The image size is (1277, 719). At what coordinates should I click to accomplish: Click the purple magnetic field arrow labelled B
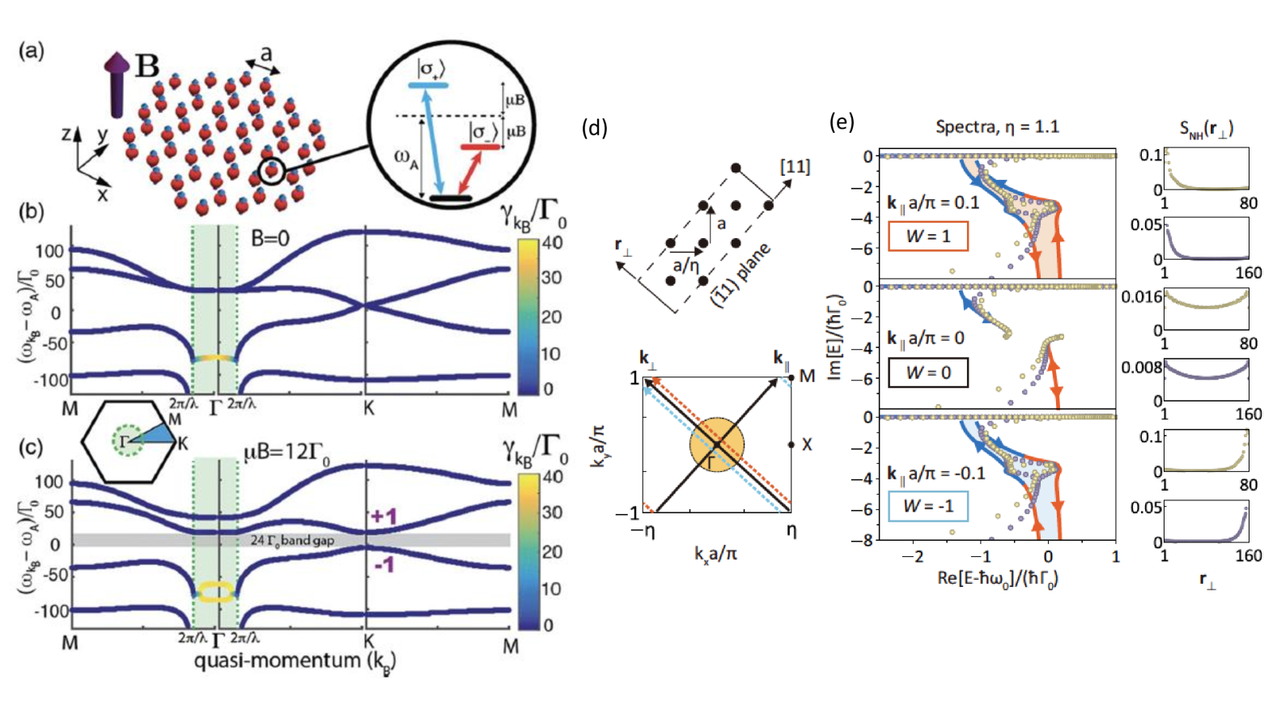117,84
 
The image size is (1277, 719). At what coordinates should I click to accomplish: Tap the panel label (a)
31,51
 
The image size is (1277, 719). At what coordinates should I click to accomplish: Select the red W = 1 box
927,236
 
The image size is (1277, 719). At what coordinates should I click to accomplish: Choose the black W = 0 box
927,372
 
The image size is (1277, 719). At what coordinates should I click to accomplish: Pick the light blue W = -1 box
927,506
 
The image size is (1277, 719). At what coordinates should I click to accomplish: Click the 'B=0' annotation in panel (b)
269,238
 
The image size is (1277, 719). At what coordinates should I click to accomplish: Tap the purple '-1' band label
384,564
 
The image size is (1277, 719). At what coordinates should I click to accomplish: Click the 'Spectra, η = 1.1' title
997,127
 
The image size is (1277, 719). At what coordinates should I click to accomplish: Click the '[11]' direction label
794,167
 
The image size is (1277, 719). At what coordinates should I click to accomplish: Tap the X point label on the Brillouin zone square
807,445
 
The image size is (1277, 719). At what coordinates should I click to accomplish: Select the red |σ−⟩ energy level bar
480,147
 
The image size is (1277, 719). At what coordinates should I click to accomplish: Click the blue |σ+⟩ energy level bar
428,85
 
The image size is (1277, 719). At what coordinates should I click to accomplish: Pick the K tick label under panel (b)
368,409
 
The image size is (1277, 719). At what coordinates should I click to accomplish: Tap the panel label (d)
594,127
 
